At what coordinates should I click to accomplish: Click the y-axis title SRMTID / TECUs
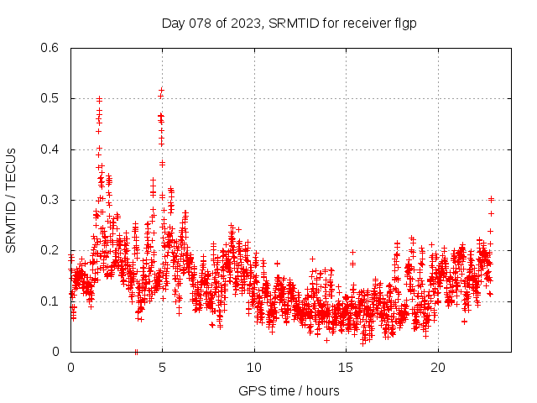pyautogui.click(x=12, y=200)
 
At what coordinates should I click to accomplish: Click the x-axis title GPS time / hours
pyautogui.click(x=289, y=390)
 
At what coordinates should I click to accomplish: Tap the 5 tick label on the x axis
pyautogui.click(x=163, y=368)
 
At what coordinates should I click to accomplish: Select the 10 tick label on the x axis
pyautogui.click(x=254, y=368)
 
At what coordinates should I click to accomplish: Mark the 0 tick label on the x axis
pyautogui.click(x=70, y=368)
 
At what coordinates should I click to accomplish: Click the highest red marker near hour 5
pyautogui.click(x=161, y=89)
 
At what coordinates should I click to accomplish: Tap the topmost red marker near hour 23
pyautogui.click(x=491, y=199)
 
